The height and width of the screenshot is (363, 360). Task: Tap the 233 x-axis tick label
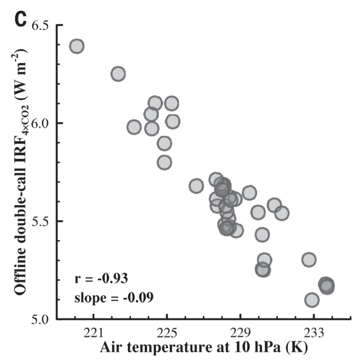(x=314, y=333)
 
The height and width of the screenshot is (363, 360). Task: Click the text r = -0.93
(x=101, y=279)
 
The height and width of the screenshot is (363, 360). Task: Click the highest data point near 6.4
(x=76, y=46)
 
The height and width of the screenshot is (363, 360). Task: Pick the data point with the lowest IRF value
(x=311, y=300)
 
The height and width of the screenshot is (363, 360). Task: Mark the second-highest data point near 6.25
(x=118, y=74)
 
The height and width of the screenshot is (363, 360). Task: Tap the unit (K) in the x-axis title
(x=293, y=348)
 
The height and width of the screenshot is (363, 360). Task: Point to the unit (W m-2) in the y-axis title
(x=20, y=75)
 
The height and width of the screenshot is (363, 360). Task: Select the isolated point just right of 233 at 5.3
(x=309, y=259)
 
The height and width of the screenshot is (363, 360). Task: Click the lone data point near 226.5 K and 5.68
(x=196, y=185)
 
